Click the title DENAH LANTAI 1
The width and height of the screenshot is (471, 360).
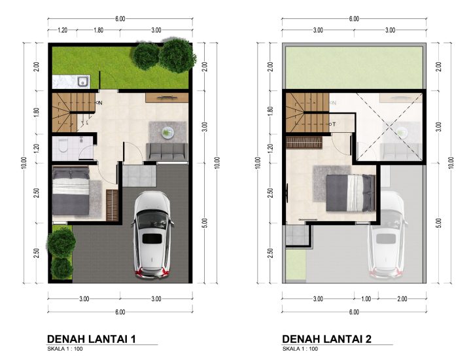[92, 339]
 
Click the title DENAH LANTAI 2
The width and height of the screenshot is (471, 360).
[327, 339]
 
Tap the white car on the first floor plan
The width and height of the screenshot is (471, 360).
[152, 235]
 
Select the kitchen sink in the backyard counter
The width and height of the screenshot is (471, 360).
[82, 81]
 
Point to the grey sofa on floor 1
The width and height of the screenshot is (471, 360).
[167, 151]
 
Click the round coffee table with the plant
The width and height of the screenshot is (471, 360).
[167, 132]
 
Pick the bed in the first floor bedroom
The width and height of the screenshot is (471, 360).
[71, 191]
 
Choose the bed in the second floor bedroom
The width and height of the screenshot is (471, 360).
[351, 193]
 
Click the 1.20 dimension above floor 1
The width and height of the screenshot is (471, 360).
[62, 30]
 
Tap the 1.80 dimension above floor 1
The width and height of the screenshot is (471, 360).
[98, 30]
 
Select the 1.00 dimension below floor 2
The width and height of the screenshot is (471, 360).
[366, 298]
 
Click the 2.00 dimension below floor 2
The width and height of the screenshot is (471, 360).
[402, 298]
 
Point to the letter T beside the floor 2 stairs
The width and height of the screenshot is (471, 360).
[334, 124]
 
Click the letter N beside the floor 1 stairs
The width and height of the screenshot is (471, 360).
[100, 103]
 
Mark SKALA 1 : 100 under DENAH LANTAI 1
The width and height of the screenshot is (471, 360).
[65, 349]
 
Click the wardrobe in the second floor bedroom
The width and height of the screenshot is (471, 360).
[304, 143]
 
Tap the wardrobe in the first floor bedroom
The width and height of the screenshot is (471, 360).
[112, 206]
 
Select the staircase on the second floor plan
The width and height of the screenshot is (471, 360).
[307, 113]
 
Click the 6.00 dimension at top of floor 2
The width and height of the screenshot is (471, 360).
[354, 18]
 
